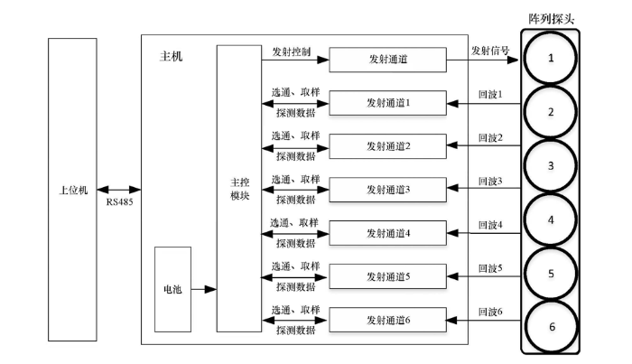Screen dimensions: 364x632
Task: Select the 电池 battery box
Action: pyautogui.click(x=172, y=290)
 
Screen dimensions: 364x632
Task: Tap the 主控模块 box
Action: pyautogui.click(x=238, y=189)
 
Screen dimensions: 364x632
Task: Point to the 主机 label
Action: pyautogui.click(x=171, y=57)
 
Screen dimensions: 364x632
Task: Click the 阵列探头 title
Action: pyautogui.click(x=551, y=17)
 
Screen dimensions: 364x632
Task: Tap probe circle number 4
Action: pyautogui.click(x=551, y=219)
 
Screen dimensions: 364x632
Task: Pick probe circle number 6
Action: pyautogui.click(x=551, y=327)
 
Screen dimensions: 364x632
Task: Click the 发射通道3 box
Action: pyautogui.click(x=388, y=190)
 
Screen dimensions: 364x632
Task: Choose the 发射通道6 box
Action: pyautogui.click(x=388, y=319)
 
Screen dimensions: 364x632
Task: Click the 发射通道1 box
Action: pyautogui.click(x=388, y=103)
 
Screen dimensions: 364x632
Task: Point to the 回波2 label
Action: pyautogui.click(x=490, y=137)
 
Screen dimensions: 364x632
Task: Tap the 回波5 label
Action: pyautogui.click(x=490, y=267)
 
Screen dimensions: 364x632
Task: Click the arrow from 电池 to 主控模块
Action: pyautogui.click(x=204, y=290)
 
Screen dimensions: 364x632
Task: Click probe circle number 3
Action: pyautogui.click(x=551, y=166)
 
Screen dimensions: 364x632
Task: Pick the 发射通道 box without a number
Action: pyautogui.click(x=388, y=61)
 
